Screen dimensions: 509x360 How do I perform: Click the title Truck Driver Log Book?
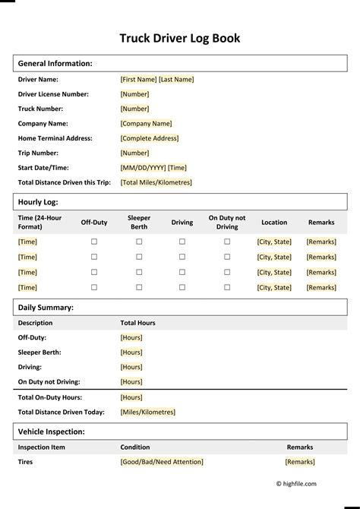pyautogui.click(x=180, y=38)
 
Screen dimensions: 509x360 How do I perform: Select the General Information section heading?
pyautogui.click(x=55, y=64)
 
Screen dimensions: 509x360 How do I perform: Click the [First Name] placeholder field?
pyautogui.click(x=138, y=79)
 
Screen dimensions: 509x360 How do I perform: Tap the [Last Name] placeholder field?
pyautogui.click(x=176, y=79)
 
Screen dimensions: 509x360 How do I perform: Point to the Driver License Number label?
pyautogui.click(x=53, y=94)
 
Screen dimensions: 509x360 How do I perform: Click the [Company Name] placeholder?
pyautogui.click(x=146, y=124)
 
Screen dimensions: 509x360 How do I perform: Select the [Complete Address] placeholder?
pyautogui.click(x=150, y=138)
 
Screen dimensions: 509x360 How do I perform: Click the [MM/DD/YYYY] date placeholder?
pyautogui.click(x=143, y=168)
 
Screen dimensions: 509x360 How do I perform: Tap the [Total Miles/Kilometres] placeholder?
pyautogui.click(x=156, y=182)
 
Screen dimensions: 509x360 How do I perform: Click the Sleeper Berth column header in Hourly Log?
pyautogui.click(x=139, y=222)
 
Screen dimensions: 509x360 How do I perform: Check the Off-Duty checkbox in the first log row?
pyautogui.click(x=94, y=242)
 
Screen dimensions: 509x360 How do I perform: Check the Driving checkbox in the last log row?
pyautogui.click(x=182, y=287)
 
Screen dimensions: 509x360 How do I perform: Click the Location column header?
pyautogui.click(x=274, y=223)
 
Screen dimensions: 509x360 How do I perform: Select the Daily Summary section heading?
pyautogui.click(x=46, y=308)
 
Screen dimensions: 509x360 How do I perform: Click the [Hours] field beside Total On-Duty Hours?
pyautogui.click(x=131, y=397)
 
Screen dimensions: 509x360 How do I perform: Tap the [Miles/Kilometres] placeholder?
pyautogui.click(x=147, y=412)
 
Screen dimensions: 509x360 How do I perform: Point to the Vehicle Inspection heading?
pyautogui.click(x=51, y=432)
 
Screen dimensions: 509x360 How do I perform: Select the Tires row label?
pyautogui.click(x=25, y=462)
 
